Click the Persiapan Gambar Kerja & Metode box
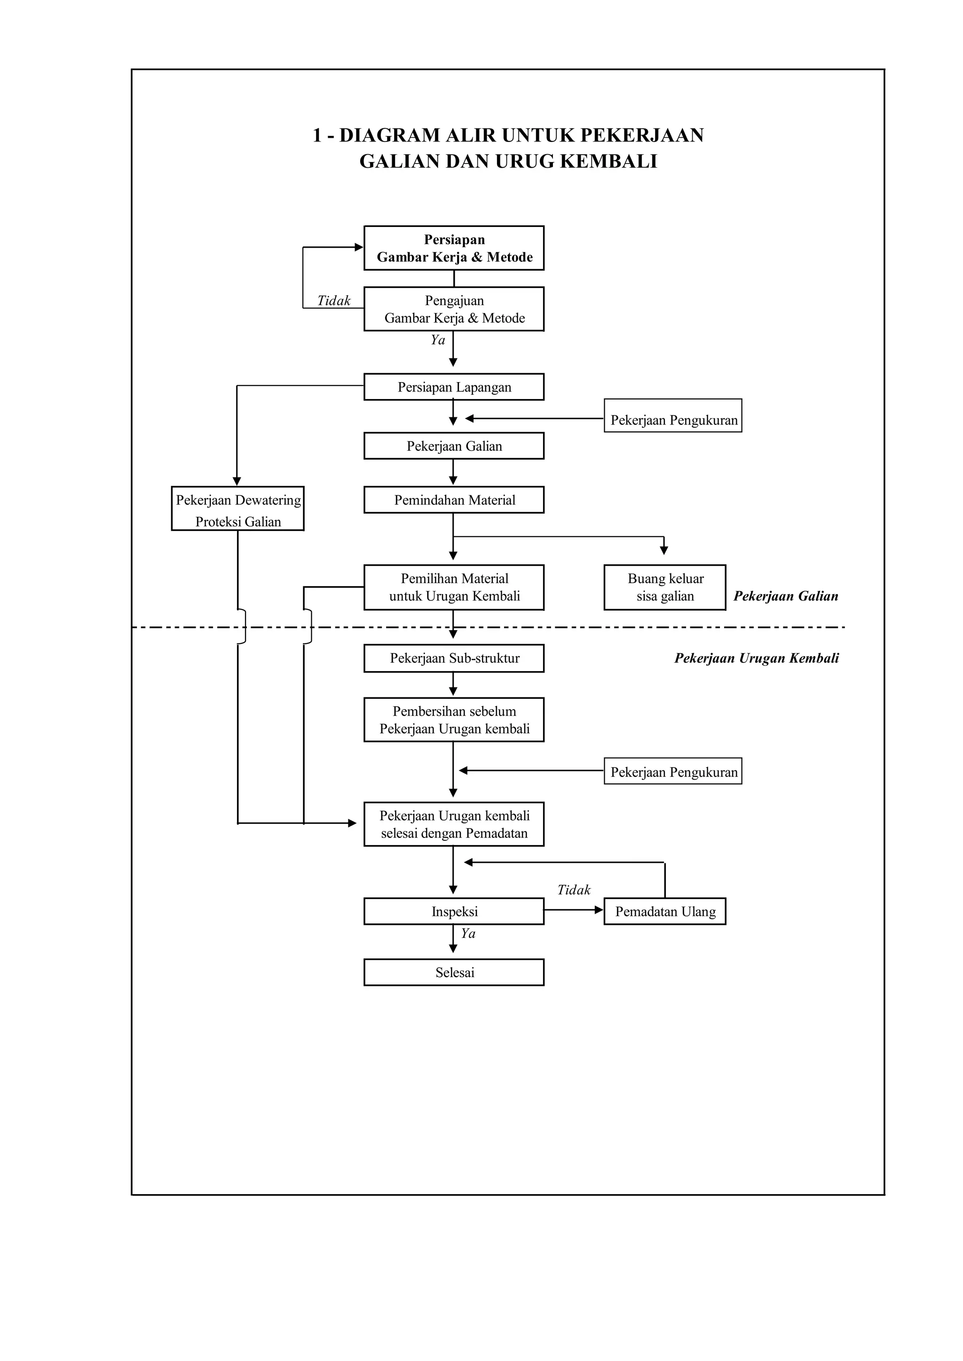click(454, 248)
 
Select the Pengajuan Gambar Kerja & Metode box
click(454, 309)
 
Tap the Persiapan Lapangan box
click(454, 387)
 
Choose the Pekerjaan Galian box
click(454, 446)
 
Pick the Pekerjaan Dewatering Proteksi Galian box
click(238, 508)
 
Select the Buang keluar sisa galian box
click(665, 587)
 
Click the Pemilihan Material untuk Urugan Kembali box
click(454, 587)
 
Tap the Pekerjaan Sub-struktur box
click(454, 658)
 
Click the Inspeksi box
click(454, 911)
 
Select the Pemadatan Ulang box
click(665, 911)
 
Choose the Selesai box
click(454, 972)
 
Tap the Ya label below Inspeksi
click(468, 934)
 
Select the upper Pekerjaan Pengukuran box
click(673, 420)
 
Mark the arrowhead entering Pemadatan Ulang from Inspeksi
click(599, 910)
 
